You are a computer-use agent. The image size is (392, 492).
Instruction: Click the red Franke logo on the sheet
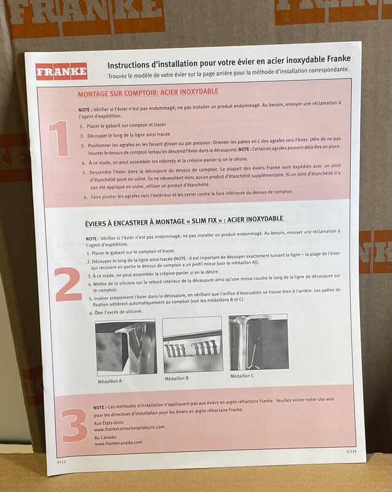[x=62, y=71]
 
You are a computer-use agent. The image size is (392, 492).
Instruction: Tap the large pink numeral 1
[x=59, y=138]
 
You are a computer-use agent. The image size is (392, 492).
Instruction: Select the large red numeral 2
[x=68, y=284]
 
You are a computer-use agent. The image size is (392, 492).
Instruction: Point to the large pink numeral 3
[x=74, y=425]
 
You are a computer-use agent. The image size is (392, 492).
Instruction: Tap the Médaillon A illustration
[x=126, y=347]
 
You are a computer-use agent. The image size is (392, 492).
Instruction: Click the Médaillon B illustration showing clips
[x=193, y=344]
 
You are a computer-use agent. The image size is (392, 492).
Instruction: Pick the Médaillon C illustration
[x=258, y=342]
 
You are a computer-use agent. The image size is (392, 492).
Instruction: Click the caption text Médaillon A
[x=110, y=381]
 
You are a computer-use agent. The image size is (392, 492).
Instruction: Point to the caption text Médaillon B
[x=177, y=378]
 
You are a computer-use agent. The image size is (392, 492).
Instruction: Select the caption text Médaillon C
[x=242, y=376]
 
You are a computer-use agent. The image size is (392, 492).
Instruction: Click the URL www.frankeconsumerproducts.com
[x=129, y=428]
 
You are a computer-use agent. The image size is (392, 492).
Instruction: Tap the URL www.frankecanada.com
[x=118, y=443]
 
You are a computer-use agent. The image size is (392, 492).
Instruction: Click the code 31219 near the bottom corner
[x=351, y=451]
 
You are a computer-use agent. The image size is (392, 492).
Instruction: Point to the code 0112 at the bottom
[x=62, y=462]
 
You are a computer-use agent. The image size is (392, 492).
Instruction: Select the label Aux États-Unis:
[x=109, y=423]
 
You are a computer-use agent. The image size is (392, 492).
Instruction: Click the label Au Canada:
[x=106, y=437]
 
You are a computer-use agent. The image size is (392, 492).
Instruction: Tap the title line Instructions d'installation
[x=229, y=62]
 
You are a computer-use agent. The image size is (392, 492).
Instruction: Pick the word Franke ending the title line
[x=339, y=58]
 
